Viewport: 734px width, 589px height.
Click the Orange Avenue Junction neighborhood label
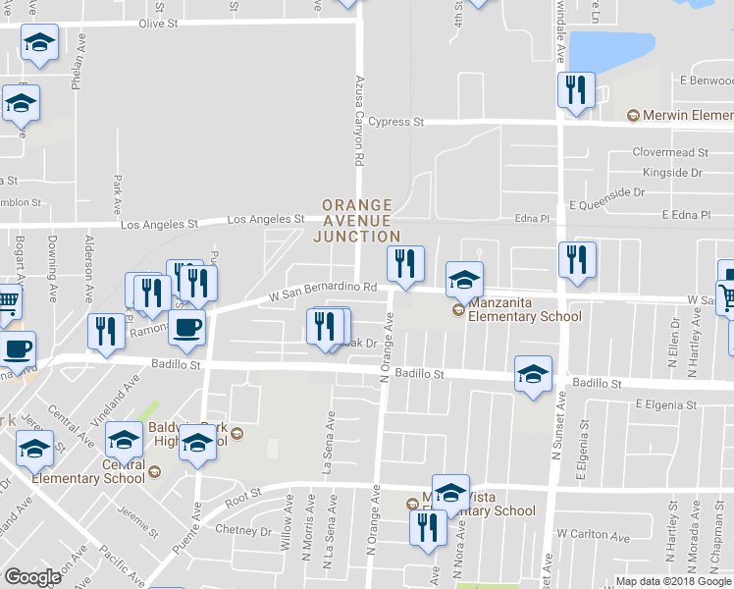356,221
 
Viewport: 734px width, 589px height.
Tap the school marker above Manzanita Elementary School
465,281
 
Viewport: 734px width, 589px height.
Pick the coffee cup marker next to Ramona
186,328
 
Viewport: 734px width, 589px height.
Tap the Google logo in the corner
32,577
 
